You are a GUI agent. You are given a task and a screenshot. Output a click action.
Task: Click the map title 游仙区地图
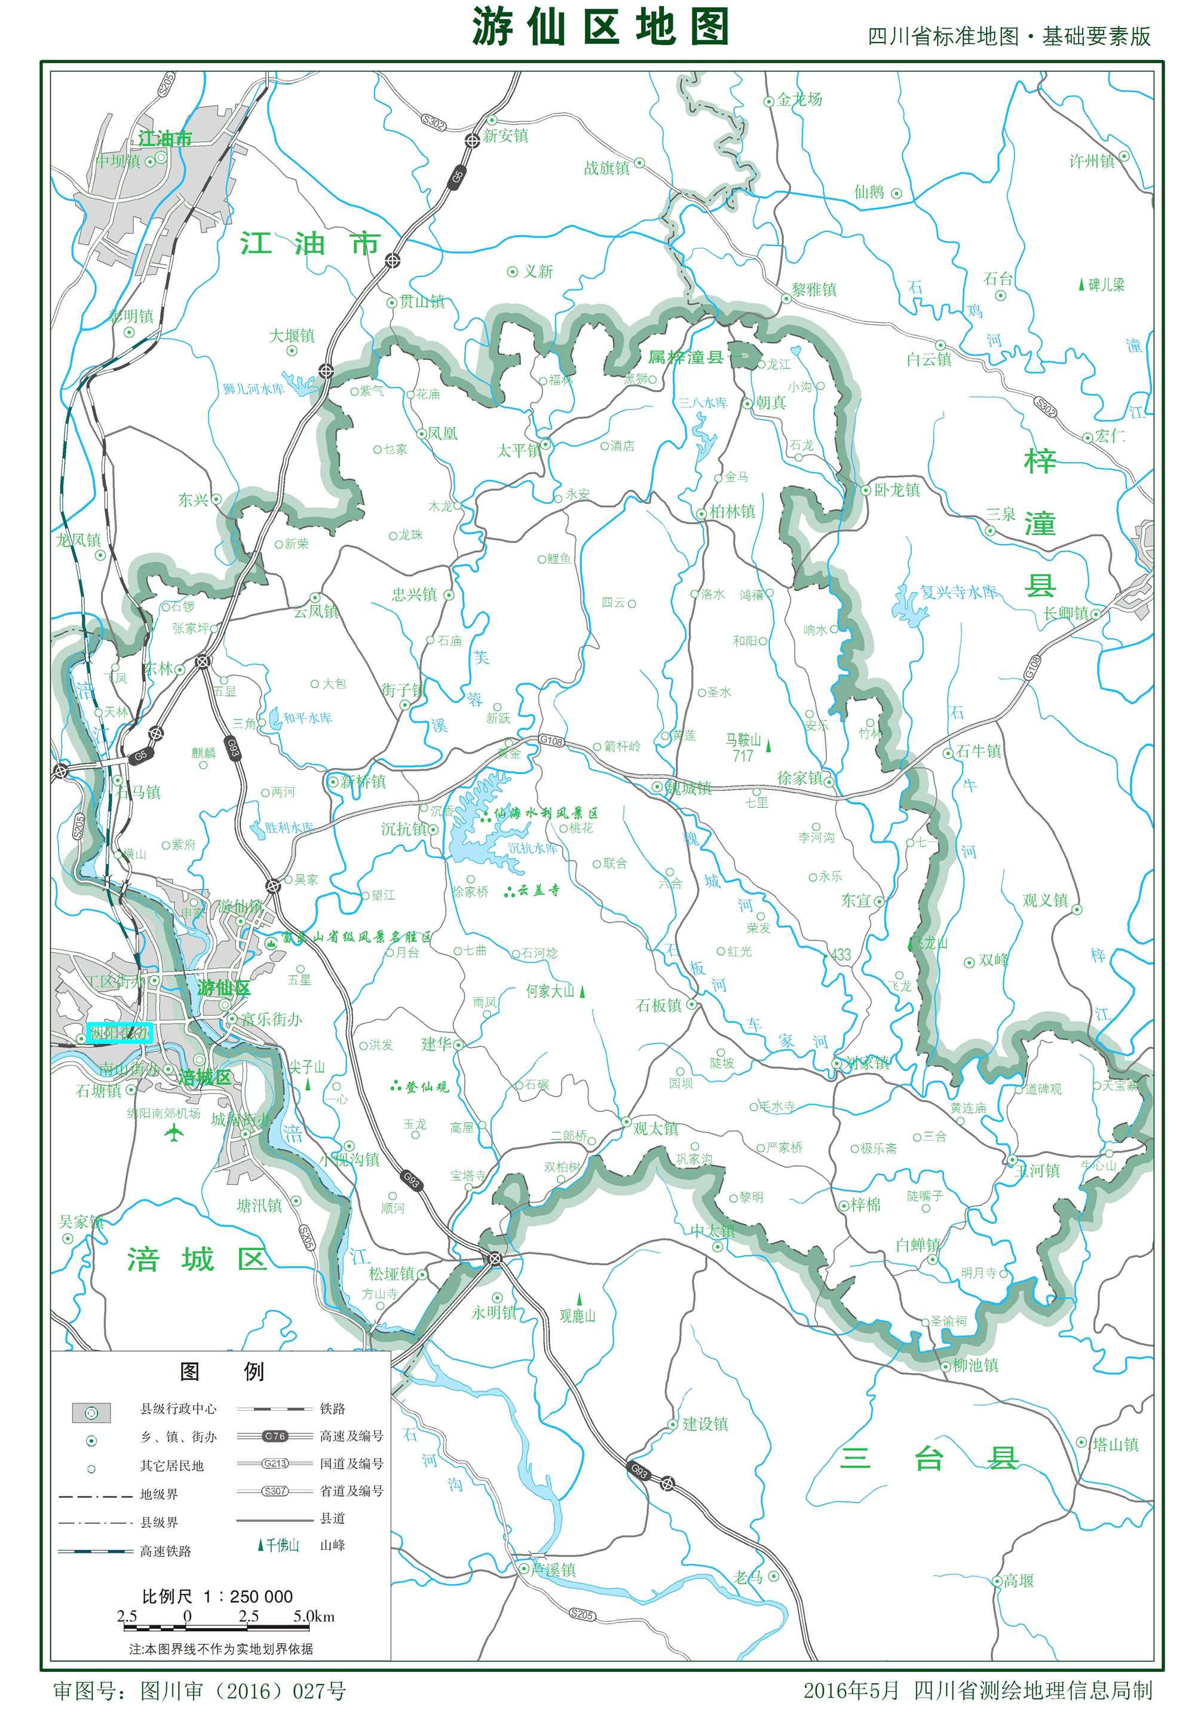(x=599, y=28)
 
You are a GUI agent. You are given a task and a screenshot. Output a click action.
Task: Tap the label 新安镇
(x=505, y=136)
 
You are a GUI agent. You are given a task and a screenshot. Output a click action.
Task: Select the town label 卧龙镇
(x=896, y=490)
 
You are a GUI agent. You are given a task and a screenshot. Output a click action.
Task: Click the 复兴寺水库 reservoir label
(x=958, y=592)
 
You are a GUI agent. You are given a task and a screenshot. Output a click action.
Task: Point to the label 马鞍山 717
(x=743, y=747)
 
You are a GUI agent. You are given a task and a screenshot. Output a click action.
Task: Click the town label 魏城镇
(x=689, y=788)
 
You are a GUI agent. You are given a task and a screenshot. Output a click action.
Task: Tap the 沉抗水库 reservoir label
(x=532, y=849)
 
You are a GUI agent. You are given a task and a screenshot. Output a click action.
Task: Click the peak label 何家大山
(x=550, y=991)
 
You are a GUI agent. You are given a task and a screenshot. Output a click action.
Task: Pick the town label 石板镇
(x=659, y=1005)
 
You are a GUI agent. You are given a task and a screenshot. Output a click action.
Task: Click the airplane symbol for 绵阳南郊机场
(x=174, y=1133)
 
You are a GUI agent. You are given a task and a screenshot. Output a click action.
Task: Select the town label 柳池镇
(x=975, y=1365)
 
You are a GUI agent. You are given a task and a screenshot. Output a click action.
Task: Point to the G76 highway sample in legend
(x=274, y=1435)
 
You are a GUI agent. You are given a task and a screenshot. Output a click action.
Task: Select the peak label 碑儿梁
(x=1105, y=285)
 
